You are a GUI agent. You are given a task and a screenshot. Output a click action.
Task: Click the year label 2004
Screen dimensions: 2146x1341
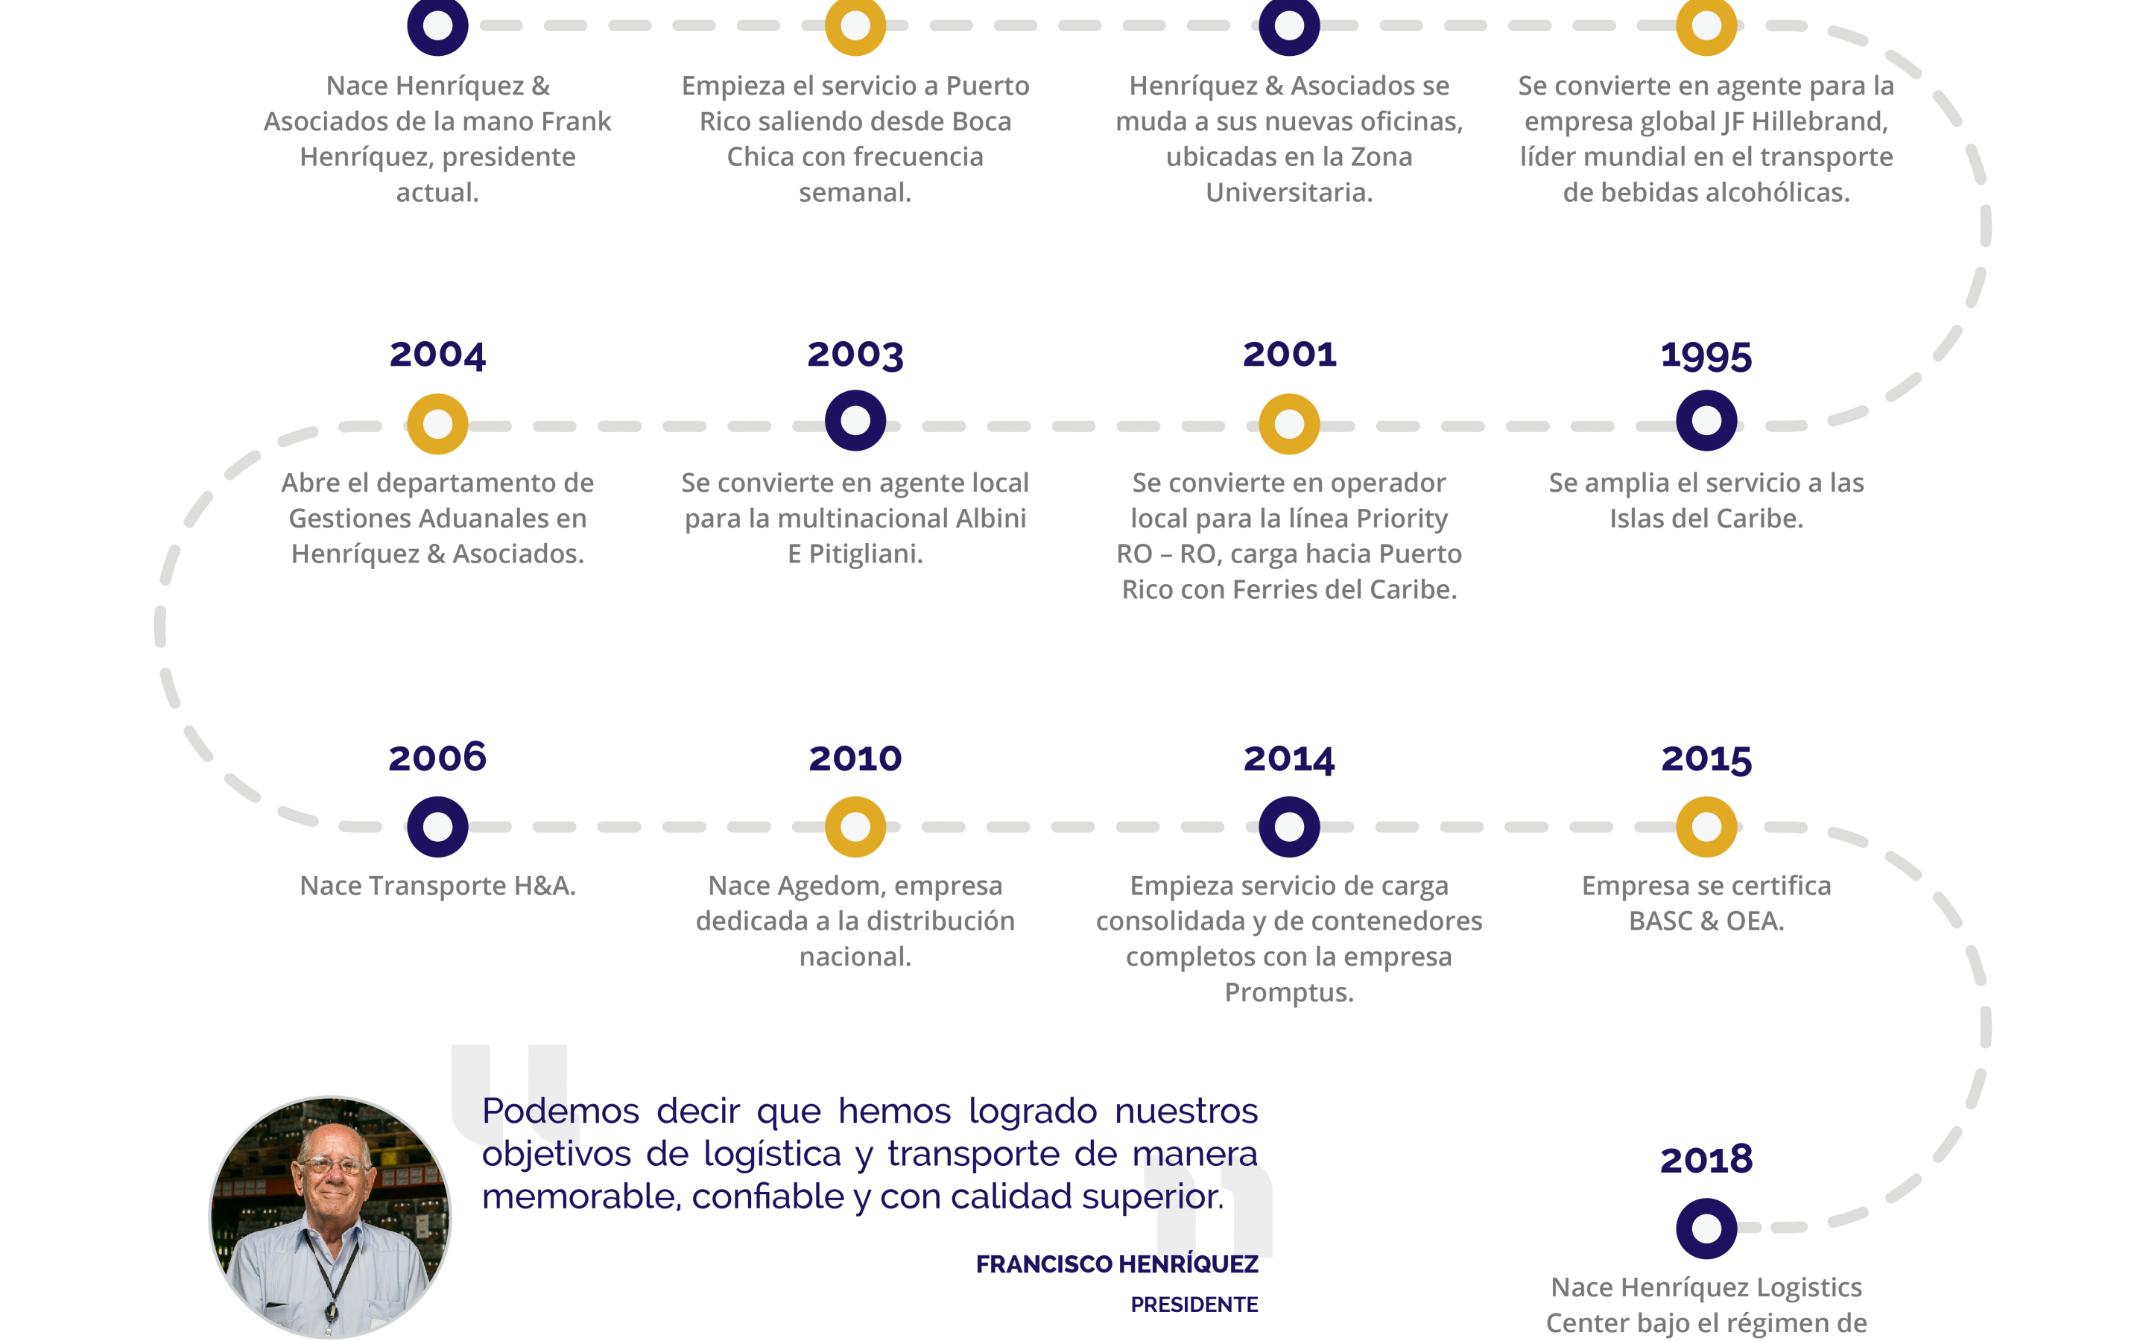point(437,355)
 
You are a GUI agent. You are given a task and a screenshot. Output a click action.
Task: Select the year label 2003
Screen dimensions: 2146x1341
point(855,355)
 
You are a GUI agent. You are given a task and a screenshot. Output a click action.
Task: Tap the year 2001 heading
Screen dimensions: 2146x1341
point(1288,355)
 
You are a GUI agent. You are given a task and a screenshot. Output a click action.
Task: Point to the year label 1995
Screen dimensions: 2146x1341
point(1706,355)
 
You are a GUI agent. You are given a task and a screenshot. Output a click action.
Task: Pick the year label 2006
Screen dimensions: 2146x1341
point(437,758)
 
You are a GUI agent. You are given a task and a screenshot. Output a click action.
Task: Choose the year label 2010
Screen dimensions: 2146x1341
point(855,758)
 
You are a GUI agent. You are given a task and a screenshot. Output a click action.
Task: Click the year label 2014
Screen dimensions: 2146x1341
point(1288,759)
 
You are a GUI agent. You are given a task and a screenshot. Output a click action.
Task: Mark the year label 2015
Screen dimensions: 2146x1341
point(1706,759)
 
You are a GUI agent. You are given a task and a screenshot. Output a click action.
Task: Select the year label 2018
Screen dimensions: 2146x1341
point(1706,1160)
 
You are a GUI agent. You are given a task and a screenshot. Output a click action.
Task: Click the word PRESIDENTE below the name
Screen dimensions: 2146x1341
point(1194,1304)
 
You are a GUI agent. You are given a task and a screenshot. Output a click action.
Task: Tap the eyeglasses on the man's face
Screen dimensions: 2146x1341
point(332,1164)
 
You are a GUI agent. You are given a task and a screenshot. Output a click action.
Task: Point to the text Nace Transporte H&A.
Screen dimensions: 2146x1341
point(437,885)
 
